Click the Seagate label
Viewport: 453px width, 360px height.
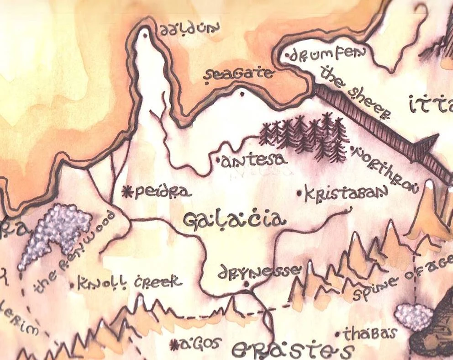239,75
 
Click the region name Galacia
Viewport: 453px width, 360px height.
234,220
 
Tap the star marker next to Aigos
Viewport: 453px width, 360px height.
174,345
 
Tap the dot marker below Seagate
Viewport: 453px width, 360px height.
242,94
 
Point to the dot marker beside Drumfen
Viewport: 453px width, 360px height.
287,57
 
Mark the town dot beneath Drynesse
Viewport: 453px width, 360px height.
247,285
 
